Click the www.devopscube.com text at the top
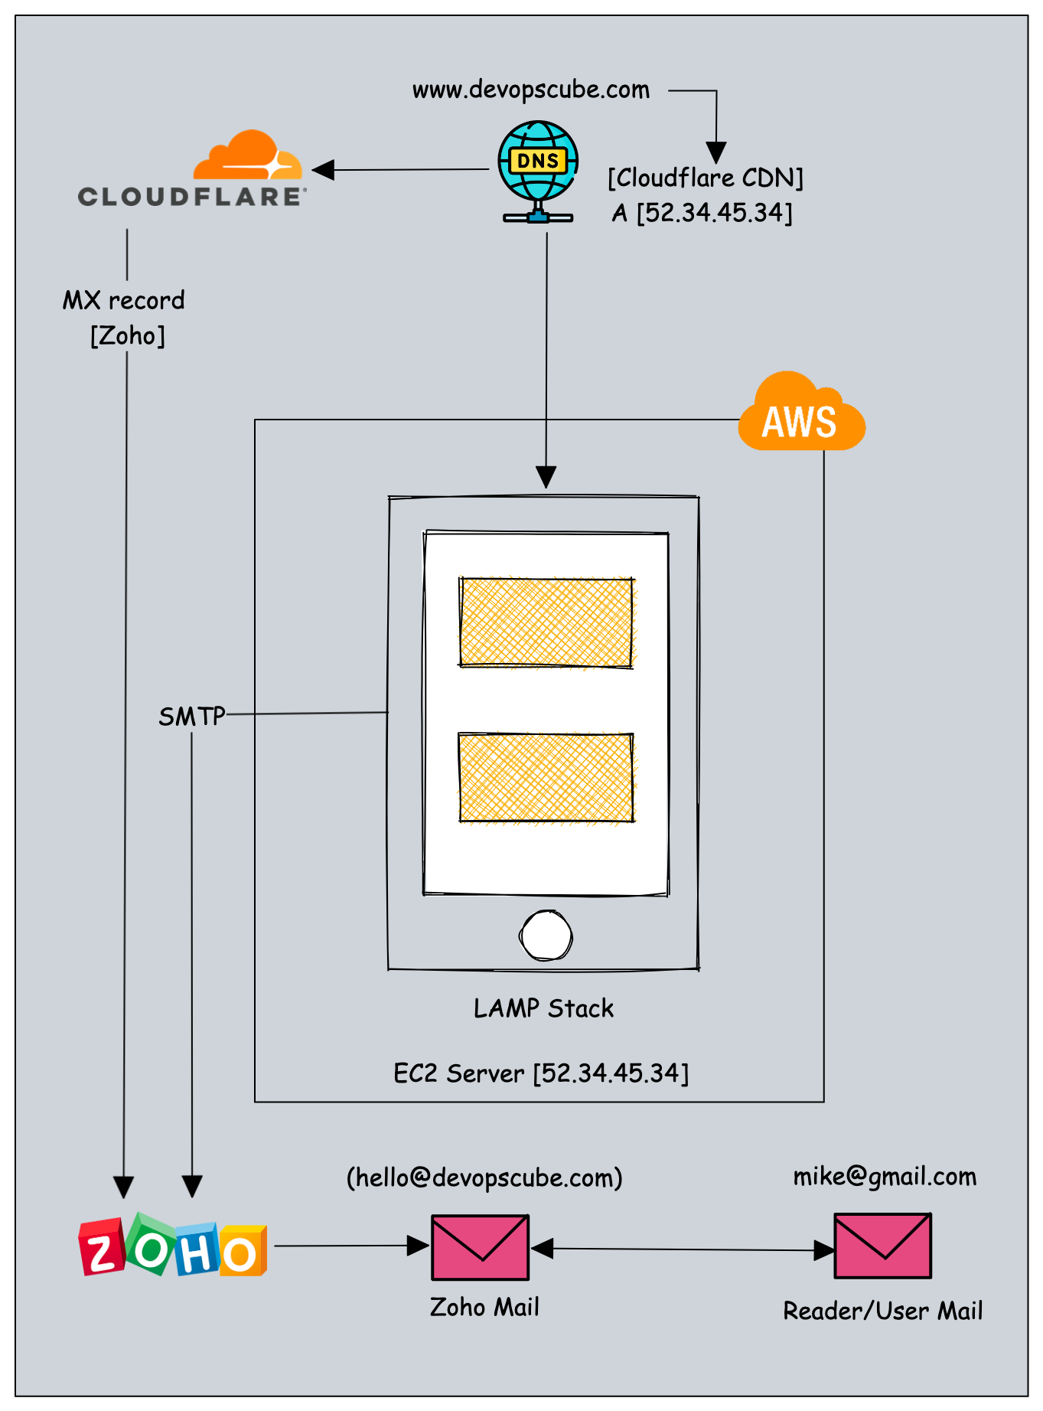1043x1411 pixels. [x=530, y=90]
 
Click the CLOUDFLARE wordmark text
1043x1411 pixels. [x=192, y=197]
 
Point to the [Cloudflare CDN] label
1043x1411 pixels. [x=705, y=178]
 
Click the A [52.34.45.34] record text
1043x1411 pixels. [x=702, y=213]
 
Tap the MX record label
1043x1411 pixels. [x=124, y=300]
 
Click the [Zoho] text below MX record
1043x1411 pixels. [x=127, y=335]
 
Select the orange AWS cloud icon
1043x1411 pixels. [x=800, y=414]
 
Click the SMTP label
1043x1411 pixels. [x=191, y=717]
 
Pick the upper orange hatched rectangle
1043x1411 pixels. [x=546, y=622]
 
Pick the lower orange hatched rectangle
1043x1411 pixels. [x=546, y=777]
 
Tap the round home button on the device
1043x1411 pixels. [x=546, y=935]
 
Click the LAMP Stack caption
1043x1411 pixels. [x=543, y=1008]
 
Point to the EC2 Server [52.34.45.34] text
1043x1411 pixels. [x=541, y=1073]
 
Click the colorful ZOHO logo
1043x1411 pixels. [x=173, y=1246]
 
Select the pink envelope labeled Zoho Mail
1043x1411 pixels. [x=480, y=1247]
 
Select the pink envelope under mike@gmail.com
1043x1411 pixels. [x=882, y=1246]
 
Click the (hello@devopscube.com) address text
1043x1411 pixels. [x=484, y=1177]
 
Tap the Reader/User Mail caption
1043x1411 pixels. [x=882, y=1311]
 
